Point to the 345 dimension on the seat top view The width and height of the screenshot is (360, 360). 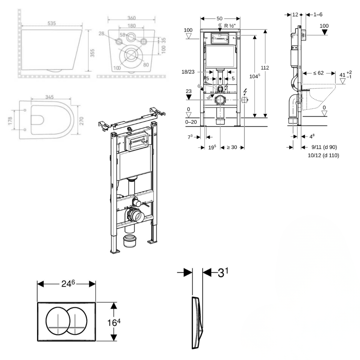(x=50, y=96)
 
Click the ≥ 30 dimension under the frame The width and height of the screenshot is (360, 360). (x=232, y=147)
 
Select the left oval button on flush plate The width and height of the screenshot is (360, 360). (x=59, y=320)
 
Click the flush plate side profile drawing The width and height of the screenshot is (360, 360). (x=197, y=322)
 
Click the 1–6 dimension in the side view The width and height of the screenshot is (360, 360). (x=318, y=14)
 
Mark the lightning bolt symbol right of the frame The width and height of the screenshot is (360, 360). (x=245, y=91)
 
